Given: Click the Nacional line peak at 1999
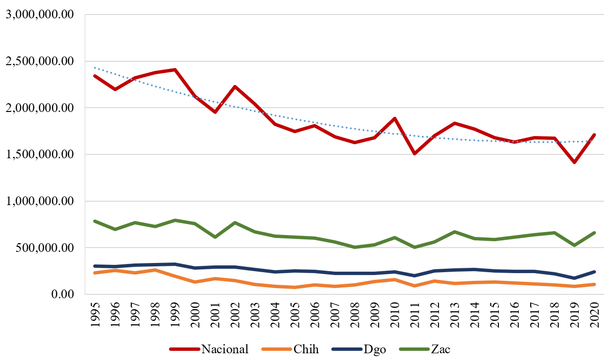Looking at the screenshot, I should (175, 69).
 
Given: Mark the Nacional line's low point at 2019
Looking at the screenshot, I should (574, 163).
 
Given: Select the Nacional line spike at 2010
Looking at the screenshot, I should (395, 118).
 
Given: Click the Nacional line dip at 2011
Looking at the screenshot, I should (414, 153).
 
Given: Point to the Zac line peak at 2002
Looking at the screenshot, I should (235, 222).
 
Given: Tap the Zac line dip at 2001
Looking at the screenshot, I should (214, 237).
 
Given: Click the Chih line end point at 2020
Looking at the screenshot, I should (595, 284).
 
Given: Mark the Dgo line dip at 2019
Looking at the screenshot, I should (574, 278).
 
